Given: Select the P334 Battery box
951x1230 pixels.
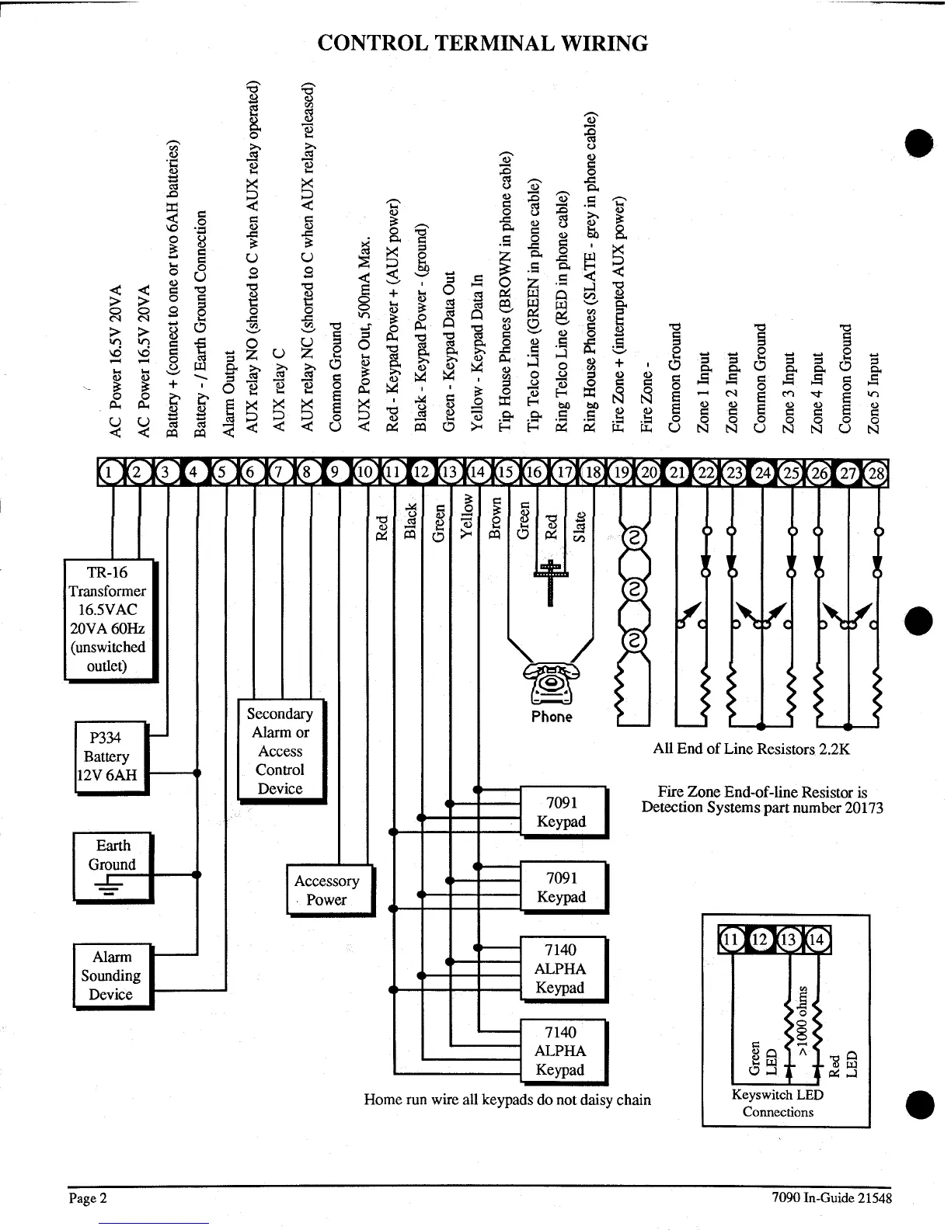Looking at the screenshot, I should click(110, 756).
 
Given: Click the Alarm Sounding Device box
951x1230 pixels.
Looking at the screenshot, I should click(112, 975).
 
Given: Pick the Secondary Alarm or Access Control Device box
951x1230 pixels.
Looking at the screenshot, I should click(280, 751).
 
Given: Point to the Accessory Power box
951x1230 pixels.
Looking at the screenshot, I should click(328, 890).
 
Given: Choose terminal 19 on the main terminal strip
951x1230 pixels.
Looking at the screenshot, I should click(621, 472).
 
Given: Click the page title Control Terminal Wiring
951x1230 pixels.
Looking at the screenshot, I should click(482, 43).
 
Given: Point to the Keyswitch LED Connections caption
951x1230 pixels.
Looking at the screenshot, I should click(777, 1103).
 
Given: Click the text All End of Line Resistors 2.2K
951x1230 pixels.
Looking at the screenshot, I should click(751, 749).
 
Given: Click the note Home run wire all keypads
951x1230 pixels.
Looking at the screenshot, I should click(507, 1100).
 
